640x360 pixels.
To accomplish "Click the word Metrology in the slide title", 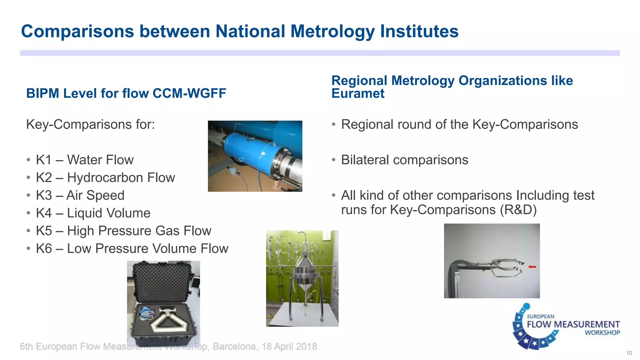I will (332, 32).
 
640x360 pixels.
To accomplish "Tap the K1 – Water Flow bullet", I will (84, 160).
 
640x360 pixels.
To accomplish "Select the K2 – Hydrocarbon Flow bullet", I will (105, 177).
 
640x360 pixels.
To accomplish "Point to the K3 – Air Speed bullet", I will (80, 195).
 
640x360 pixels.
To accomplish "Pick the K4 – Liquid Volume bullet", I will (93, 213).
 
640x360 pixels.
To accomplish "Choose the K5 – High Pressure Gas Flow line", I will (123, 231).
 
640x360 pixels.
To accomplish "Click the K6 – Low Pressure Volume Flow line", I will (132, 249).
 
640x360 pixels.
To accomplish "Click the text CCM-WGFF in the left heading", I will (189, 93).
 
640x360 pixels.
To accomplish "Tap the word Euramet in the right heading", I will (358, 93).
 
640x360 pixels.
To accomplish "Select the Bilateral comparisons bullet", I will (404, 160).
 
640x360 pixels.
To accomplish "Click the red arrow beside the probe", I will (532, 267).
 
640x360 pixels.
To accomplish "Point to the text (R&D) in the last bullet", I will (518, 210).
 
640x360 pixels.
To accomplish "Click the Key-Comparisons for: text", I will (90, 124).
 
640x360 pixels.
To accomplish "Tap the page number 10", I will (629, 353).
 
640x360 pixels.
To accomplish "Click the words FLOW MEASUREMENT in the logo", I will (573, 324).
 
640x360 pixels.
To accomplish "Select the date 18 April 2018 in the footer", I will (289, 347).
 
